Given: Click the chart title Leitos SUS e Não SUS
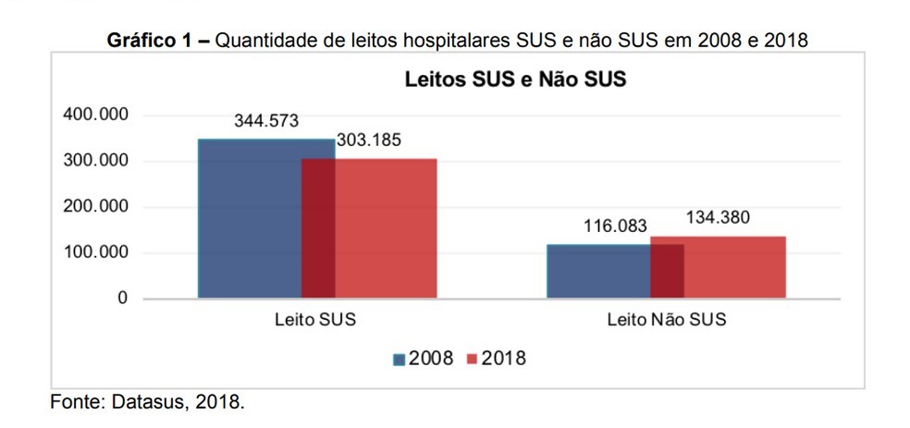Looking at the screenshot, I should (x=515, y=79).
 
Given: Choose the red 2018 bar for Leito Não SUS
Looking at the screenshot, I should (x=734, y=267).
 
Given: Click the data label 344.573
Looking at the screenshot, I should (x=266, y=121).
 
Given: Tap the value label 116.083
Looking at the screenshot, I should (x=615, y=226).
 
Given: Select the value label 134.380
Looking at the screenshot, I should (x=718, y=218).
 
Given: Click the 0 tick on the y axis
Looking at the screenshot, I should (x=121, y=299).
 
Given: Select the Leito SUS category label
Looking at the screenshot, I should (x=315, y=321).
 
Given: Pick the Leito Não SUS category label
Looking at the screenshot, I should (x=666, y=321).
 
